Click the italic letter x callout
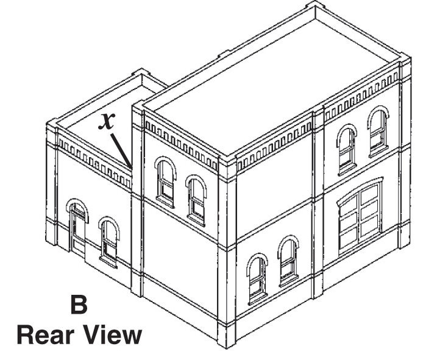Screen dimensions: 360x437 coord(107,121)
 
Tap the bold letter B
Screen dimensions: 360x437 coord(80,305)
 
